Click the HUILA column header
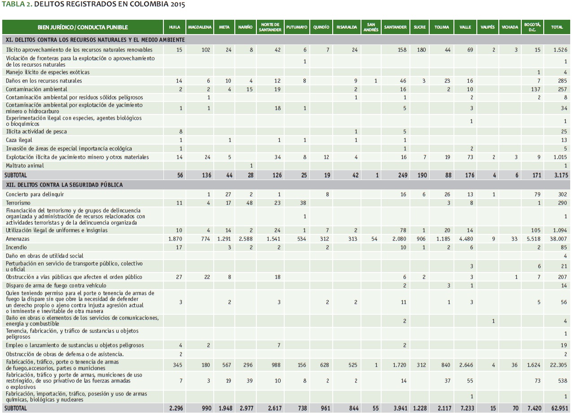click(175, 27)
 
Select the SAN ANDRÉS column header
click(371, 27)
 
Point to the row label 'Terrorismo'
click(18, 203)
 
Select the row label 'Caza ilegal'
click(19, 140)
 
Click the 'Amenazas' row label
click(18, 239)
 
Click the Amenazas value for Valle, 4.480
click(465, 239)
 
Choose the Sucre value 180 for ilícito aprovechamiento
click(421, 49)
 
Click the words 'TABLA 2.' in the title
click(17, 5)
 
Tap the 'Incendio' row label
click(16, 247)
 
